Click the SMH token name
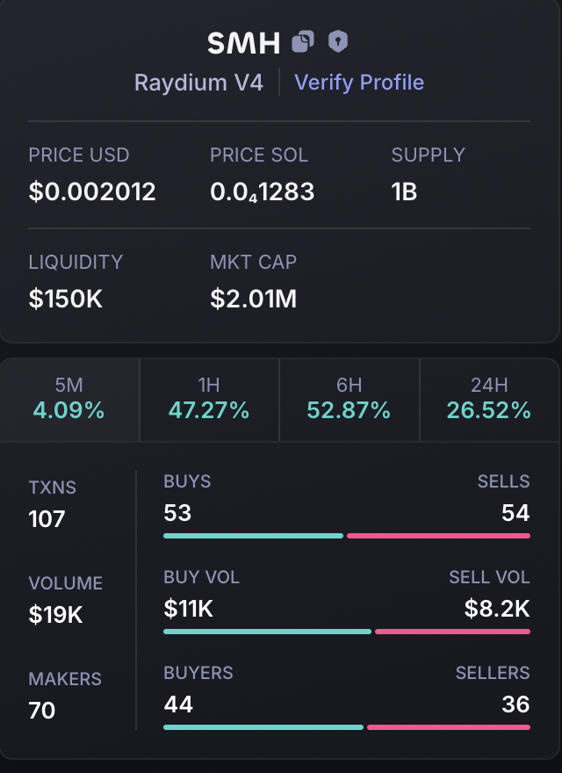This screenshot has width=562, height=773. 243,42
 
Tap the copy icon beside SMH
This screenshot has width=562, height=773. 303,41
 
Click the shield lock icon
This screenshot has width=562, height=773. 338,41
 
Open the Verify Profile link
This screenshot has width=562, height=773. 359,83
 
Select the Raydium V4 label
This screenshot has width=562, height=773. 198,83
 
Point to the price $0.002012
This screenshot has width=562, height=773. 92,191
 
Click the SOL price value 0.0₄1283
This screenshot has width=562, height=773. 262,191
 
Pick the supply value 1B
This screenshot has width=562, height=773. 404,191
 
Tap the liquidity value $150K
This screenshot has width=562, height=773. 66,299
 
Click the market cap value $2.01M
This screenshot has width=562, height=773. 253,299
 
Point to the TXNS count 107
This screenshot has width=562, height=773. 47,518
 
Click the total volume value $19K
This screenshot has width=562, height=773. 56,614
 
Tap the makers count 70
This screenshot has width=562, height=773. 42,710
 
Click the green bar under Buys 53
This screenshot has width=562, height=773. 253,535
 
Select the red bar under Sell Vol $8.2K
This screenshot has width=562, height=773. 452,631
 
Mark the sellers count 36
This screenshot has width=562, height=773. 515,704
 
